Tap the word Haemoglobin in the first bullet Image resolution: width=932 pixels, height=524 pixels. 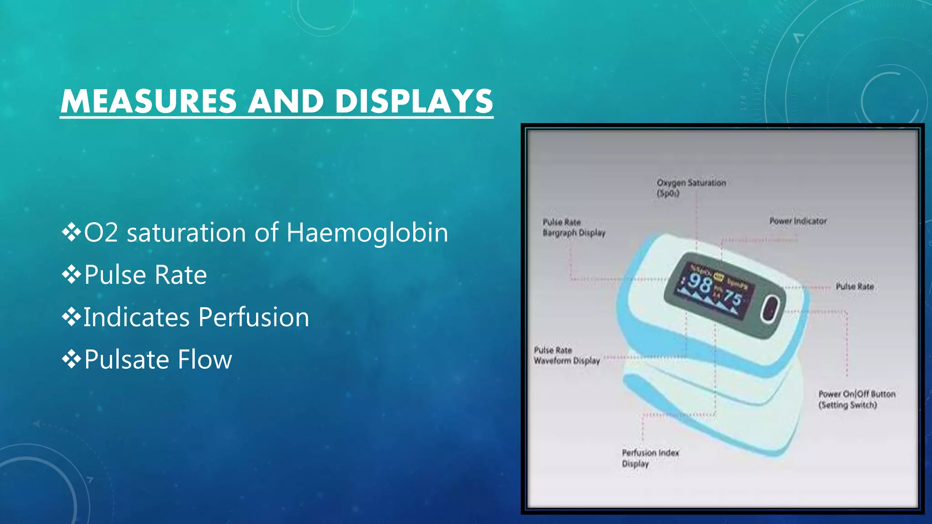click(367, 233)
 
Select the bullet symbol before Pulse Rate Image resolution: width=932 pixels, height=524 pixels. click(71, 274)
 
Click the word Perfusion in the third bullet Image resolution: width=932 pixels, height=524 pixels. click(254, 317)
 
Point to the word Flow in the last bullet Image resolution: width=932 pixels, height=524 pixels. click(204, 359)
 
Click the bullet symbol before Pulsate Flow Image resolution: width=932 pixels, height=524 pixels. click(71, 359)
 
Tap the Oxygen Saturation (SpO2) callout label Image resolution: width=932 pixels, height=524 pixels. click(690, 188)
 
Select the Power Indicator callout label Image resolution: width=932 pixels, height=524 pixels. click(797, 221)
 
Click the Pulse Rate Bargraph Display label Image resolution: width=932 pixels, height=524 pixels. click(573, 227)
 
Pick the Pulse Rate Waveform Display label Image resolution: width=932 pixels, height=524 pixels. click(567, 355)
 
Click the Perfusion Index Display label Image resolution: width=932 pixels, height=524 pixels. click(650, 458)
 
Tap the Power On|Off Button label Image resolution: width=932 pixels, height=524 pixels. click(856, 399)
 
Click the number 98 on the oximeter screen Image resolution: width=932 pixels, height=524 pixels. click(699, 284)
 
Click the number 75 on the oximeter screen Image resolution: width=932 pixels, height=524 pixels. click(733, 299)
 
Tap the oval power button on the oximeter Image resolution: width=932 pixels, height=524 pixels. click(770, 309)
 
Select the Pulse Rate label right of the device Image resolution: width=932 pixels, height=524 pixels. click(855, 287)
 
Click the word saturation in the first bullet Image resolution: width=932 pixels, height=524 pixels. click(186, 233)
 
